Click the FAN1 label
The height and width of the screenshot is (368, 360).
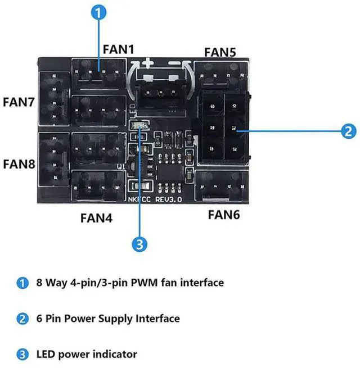pyautogui.click(x=119, y=49)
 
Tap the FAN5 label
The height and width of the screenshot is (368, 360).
pyautogui.click(x=220, y=52)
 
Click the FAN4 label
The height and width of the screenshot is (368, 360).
pyautogui.click(x=96, y=216)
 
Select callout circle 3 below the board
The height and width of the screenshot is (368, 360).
pyautogui.click(x=139, y=244)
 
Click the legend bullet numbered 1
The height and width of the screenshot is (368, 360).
pyautogui.click(x=22, y=283)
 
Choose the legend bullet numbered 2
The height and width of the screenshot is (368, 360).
pyautogui.click(x=22, y=319)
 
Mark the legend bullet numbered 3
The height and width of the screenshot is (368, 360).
pyautogui.click(x=22, y=355)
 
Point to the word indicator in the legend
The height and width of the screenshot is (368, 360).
pyautogui.click(x=114, y=355)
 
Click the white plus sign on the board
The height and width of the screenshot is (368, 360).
pyautogui.click(x=147, y=63)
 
